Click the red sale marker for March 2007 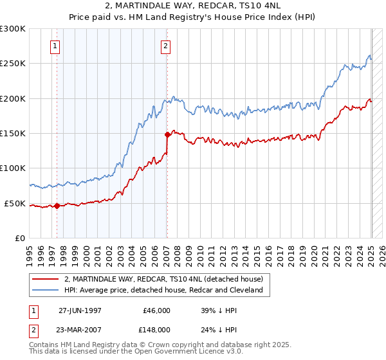(x=167, y=135)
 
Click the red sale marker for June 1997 (x=57, y=206)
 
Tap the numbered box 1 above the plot (x=55, y=46)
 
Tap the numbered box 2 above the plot (x=166, y=46)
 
